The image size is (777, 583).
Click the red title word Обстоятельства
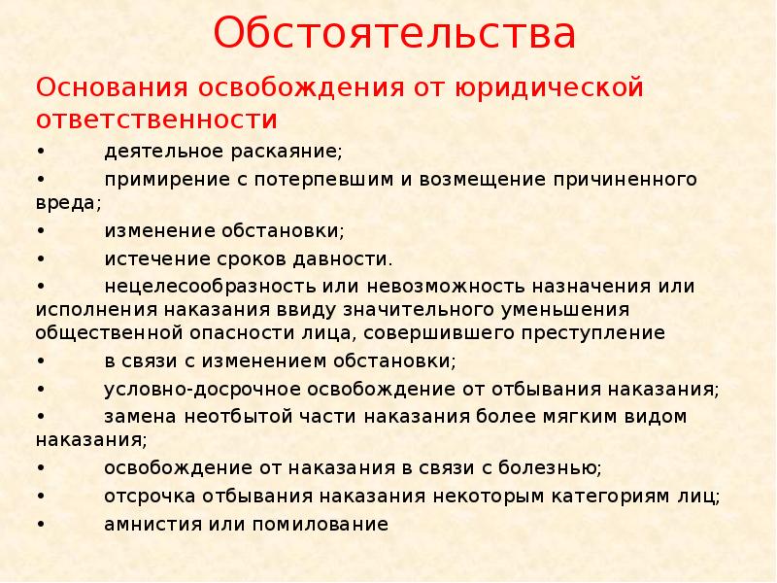(395, 34)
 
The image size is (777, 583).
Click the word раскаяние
(287, 153)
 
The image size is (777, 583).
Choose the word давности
(350, 259)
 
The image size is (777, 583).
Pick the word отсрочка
(149, 496)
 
